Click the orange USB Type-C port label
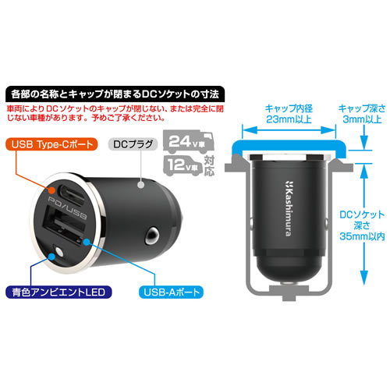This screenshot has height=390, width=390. pos(51,144)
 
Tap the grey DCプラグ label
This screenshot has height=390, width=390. pos(133,144)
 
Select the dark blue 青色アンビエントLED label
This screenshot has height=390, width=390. pos(58,292)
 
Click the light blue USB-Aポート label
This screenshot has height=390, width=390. pos(172,292)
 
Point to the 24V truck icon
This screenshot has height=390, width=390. pos(188,142)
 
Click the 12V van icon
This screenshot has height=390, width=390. pos(183,165)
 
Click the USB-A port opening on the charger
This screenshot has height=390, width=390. pos(62,225)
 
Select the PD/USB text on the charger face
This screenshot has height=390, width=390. pos(67,208)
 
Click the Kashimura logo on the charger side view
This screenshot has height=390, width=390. pos(289,208)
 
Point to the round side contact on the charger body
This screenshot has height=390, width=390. pos(152,236)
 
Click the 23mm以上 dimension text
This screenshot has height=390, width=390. pos(289,119)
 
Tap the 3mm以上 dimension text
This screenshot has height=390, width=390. pos(362,119)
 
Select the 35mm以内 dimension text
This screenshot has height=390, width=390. pos(362,236)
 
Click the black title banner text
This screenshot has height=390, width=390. pos(115,94)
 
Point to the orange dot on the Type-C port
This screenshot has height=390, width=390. pos(52,190)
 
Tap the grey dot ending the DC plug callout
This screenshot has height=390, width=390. pos(140,185)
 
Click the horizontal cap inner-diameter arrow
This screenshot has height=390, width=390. pos(289,130)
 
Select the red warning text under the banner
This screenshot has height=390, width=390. pos(115,113)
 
